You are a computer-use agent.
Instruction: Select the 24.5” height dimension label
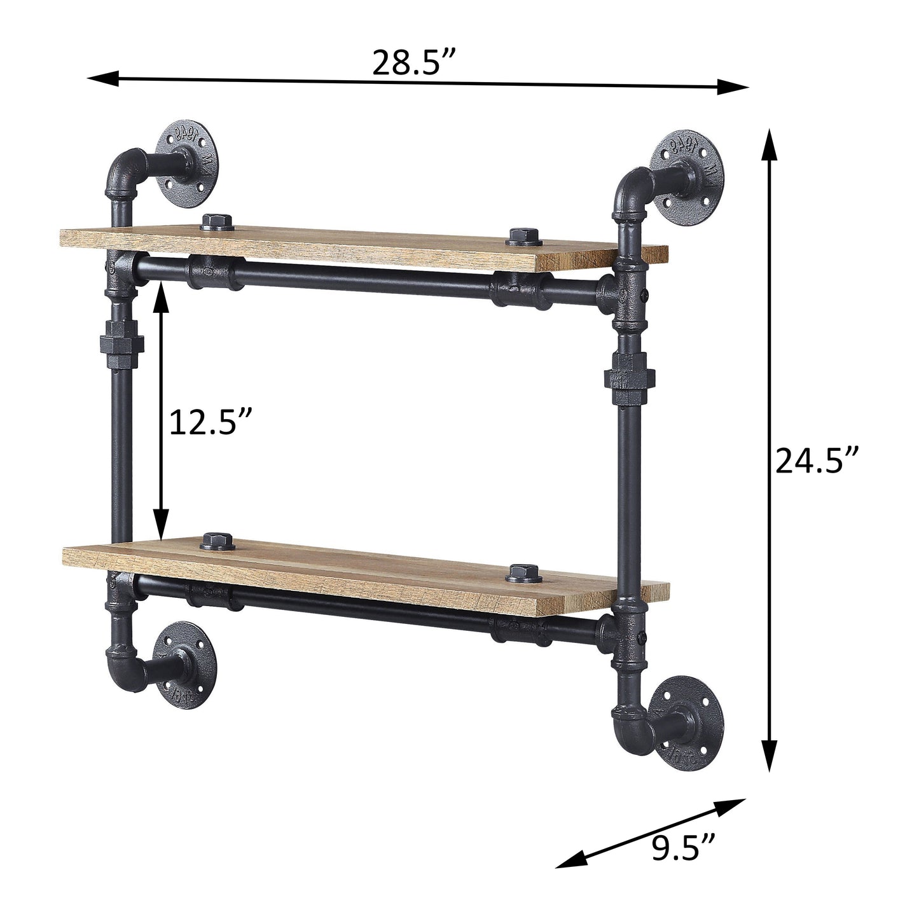point(817,461)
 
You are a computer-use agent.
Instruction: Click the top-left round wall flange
point(189,155)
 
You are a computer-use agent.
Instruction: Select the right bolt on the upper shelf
point(524,237)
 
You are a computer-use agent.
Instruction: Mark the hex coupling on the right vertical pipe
point(626,380)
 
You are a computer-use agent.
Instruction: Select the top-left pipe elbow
point(123,169)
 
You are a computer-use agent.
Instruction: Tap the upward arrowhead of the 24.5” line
point(770,140)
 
